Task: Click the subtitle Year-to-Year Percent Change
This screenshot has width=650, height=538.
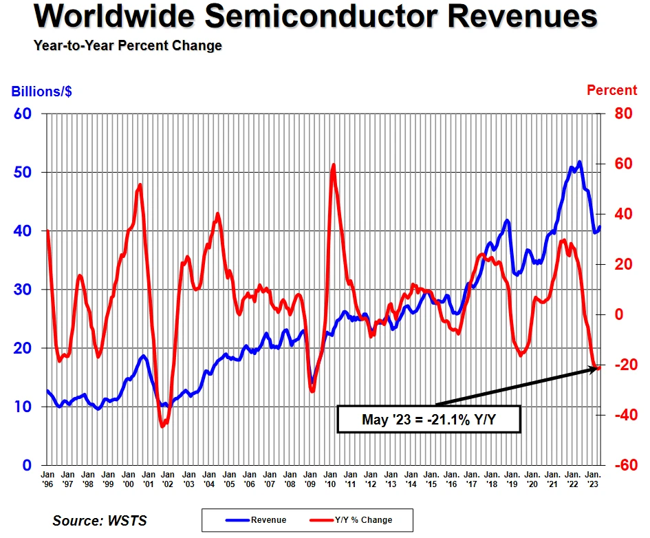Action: click(128, 45)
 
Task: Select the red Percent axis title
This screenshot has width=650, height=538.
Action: click(611, 90)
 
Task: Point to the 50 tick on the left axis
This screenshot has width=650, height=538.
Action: click(23, 172)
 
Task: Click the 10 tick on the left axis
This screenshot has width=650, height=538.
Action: click(23, 407)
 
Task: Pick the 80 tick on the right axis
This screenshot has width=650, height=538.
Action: click(622, 114)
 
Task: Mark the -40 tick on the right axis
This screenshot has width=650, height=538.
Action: click(621, 415)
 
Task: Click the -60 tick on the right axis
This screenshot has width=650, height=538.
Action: click(621, 465)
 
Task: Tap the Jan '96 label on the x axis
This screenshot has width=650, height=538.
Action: click(48, 479)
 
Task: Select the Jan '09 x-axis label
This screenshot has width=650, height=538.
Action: click(310, 479)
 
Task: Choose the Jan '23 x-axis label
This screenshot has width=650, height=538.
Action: click(592, 479)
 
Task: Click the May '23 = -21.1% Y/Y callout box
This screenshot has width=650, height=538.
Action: click(428, 419)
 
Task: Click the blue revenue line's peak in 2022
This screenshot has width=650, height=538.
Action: click(579, 162)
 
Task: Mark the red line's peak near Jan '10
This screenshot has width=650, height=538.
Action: click(334, 164)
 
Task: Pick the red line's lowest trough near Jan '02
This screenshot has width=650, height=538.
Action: click(162, 427)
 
